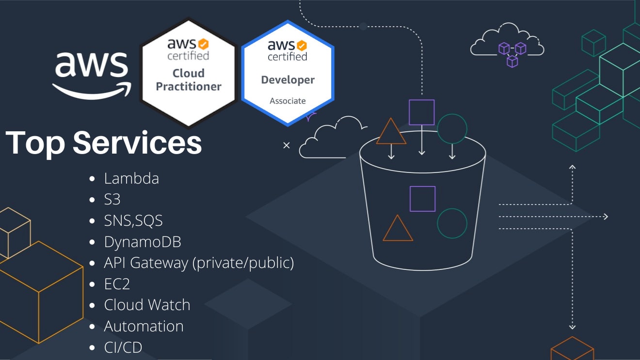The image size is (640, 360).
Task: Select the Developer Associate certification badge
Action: pos(288,73)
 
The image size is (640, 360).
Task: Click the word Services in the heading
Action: pos(137,142)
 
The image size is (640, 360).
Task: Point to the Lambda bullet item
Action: pos(131,178)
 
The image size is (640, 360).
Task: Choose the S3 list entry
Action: pos(112,200)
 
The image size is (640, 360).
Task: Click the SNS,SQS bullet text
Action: pos(133,221)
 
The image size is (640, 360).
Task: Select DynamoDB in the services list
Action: pos(143,242)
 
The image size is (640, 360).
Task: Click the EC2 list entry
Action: pos(117,284)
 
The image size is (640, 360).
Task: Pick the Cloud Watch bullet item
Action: pos(147,305)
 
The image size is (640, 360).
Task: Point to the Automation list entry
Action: pos(144,326)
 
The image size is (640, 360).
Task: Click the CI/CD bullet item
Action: pos(123,347)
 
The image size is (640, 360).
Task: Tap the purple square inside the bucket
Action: pos(422,199)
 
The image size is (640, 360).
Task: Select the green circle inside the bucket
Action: pos(452,223)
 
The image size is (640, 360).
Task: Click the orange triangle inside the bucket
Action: pos(398,230)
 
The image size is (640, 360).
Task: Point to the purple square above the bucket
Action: pos(421,112)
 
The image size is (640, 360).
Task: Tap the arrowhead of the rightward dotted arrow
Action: pos(605,217)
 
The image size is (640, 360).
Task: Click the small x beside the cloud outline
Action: pos(287,145)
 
